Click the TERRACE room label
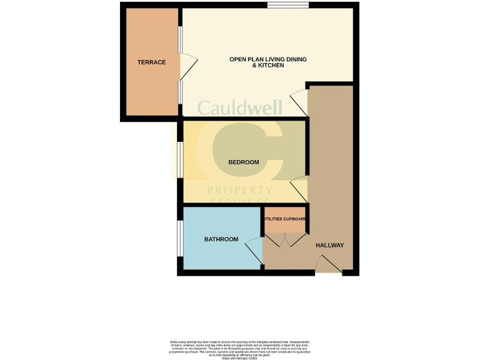(152, 62)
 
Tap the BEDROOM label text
(243, 162)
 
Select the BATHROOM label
(221, 239)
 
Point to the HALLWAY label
(329, 245)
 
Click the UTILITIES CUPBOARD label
(285, 219)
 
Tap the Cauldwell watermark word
(240, 107)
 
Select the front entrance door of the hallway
(329, 267)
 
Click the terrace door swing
(188, 66)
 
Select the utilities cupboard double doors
(285, 241)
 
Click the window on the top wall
(287, 6)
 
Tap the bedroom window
(179, 161)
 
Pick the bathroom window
(180, 238)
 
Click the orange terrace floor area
(152, 87)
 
